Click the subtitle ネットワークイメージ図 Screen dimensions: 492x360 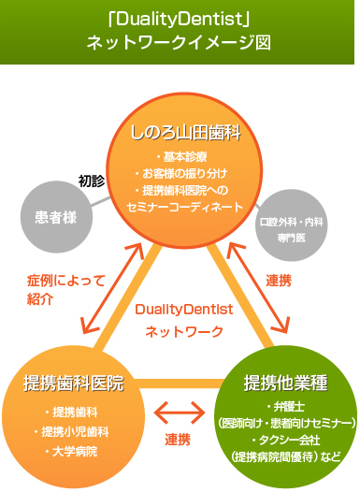pyautogui.click(x=179, y=42)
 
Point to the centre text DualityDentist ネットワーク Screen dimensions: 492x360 pyautogui.click(x=183, y=319)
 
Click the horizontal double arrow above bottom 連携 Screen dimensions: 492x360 pyautogui.click(x=180, y=411)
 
